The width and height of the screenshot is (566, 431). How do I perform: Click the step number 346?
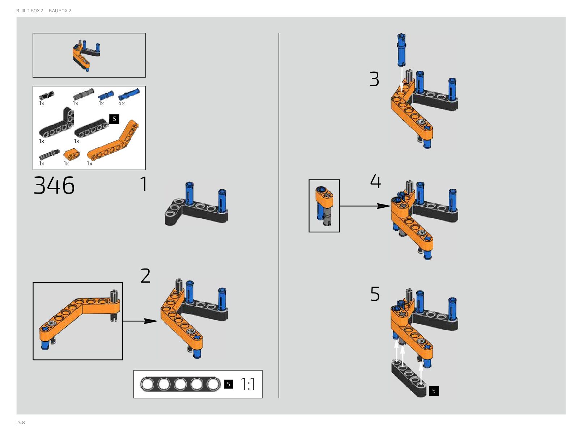tap(54, 186)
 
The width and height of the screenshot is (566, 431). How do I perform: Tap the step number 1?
tap(144, 184)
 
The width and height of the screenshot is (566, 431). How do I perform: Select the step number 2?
tap(145, 276)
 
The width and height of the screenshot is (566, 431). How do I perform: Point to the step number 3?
tap(374, 79)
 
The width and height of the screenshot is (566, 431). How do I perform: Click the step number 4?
tap(375, 181)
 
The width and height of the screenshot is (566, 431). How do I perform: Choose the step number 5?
tap(375, 294)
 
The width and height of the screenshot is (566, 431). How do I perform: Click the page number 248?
tap(21, 423)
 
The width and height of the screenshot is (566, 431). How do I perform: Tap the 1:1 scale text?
tap(248, 384)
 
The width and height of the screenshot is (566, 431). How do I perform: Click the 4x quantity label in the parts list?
tap(122, 103)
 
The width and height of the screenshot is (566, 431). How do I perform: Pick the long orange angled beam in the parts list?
tap(113, 141)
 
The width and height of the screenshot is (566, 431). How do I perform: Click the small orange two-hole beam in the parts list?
tap(72, 155)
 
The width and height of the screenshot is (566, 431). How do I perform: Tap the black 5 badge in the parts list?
tap(114, 119)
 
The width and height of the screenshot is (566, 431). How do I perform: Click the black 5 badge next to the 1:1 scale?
tap(228, 384)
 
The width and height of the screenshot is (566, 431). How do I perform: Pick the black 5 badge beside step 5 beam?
tap(434, 391)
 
